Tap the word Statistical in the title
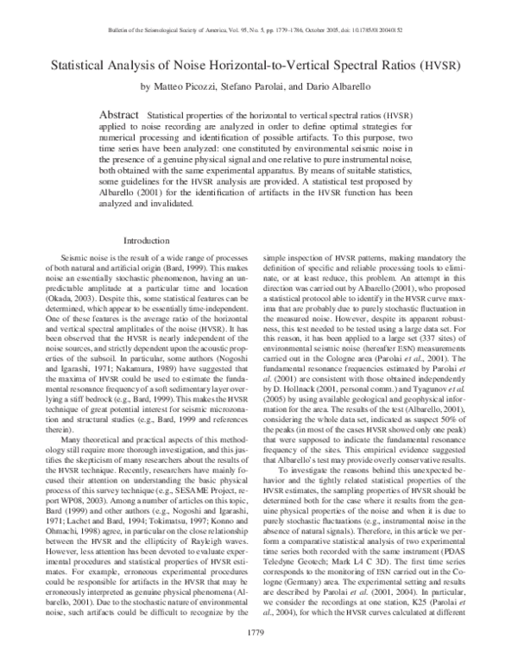(90, 65)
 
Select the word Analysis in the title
(148, 65)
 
